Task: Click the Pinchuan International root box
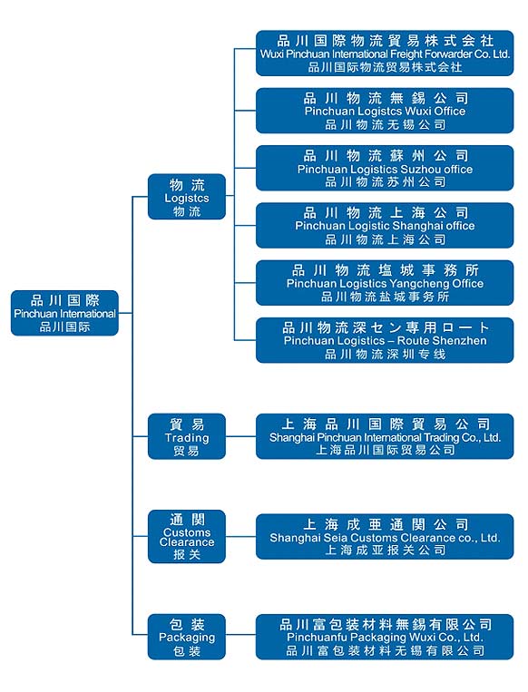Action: pos(64,313)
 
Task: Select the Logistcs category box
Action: pos(187,197)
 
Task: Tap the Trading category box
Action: pos(187,436)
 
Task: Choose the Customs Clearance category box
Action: pos(187,536)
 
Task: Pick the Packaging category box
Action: pos(187,637)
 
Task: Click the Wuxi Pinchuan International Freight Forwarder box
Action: pos(385,53)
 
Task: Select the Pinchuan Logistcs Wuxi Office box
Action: pos(385,111)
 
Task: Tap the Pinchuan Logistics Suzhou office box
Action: pos(385,168)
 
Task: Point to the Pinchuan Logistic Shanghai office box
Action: pos(385,226)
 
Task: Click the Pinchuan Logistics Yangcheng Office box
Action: pos(385,283)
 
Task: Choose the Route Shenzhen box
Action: pos(385,340)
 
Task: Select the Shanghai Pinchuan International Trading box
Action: pos(385,436)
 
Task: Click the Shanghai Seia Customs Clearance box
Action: pos(385,537)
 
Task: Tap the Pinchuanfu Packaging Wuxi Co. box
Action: pos(385,637)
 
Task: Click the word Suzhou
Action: pos(414,169)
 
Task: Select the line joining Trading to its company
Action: pos(241,436)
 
